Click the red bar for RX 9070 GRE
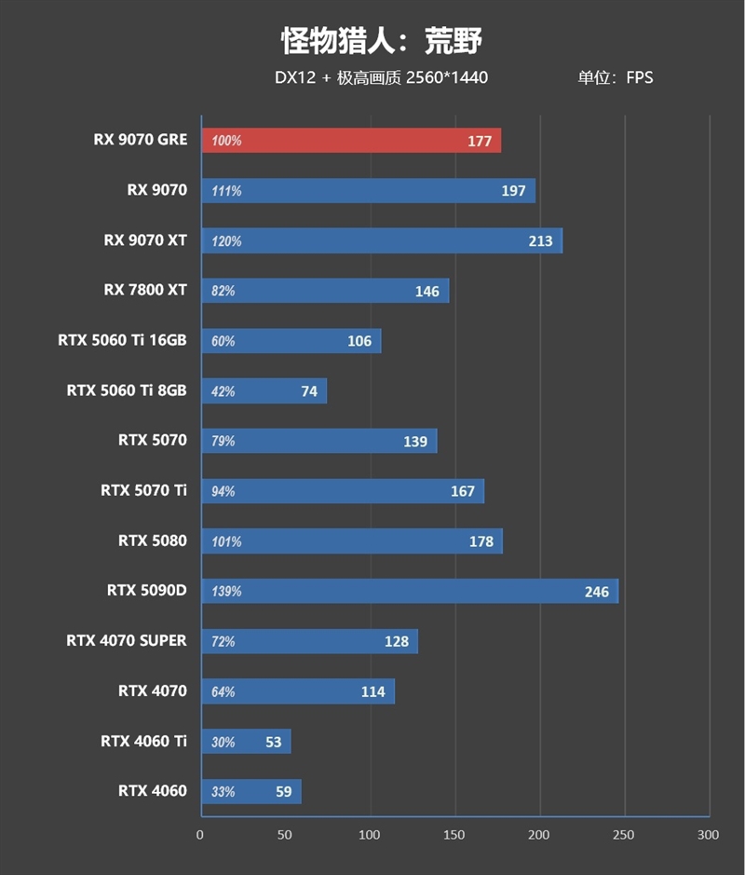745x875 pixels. click(x=351, y=141)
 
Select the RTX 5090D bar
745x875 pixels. click(x=410, y=591)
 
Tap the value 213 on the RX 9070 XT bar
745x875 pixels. click(x=540, y=240)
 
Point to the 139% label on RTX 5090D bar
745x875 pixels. click(x=226, y=591)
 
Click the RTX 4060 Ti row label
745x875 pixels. click(x=143, y=741)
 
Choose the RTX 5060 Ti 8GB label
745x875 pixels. click(x=127, y=390)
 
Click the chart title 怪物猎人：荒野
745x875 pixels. click(x=381, y=41)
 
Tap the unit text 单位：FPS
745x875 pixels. click(x=615, y=77)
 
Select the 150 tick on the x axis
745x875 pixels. click(x=454, y=834)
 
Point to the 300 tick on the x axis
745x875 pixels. click(x=709, y=834)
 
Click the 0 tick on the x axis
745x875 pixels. click(x=200, y=834)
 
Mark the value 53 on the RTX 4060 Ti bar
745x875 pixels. click(x=273, y=742)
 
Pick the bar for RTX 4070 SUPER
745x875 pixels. click(x=309, y=641)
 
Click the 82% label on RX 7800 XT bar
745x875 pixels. click(x=223, y=291)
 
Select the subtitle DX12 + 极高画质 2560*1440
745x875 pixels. click(x=381, y=77)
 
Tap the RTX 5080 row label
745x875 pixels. click(x=153, y=540)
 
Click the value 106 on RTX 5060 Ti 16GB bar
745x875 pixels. click(x=359, y=341)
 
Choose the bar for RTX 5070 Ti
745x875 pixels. click(x=342, y=491)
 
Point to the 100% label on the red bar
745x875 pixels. click(x=226, y=141)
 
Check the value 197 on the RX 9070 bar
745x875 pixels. click(x=513, y=191)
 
